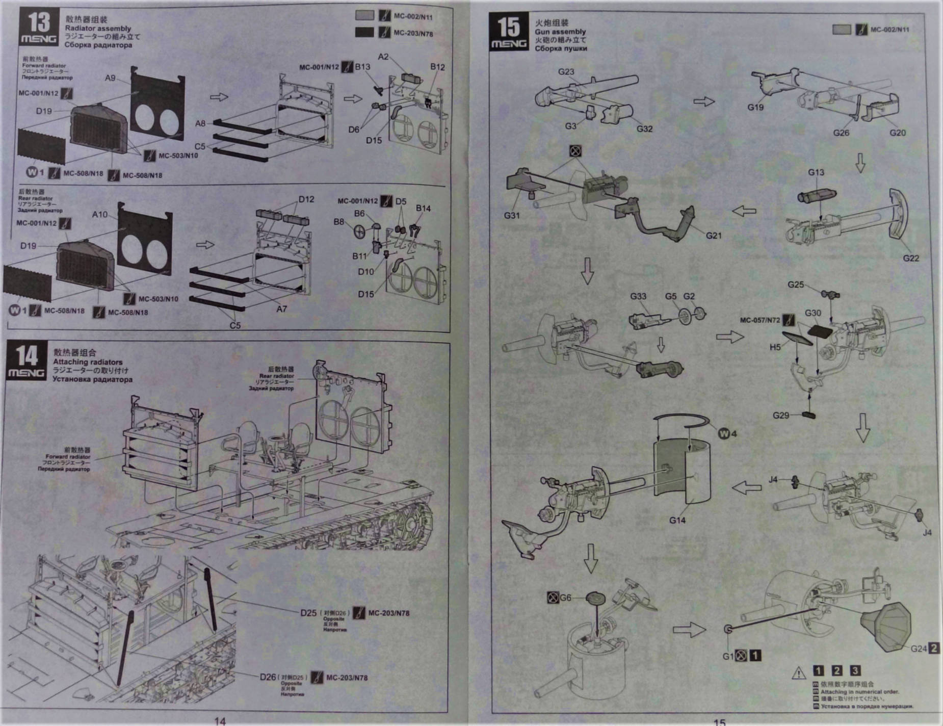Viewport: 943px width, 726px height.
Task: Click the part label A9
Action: click(x=110, y=78)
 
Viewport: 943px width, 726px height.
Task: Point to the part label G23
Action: click(x=566, y=71)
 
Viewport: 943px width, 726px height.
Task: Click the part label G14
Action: click(x=677, y=520)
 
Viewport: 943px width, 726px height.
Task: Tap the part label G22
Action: click(x=911, y=258)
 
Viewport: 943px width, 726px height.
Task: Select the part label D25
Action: click(x=308, y=612)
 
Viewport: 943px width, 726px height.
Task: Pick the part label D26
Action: click(x=268, y=677)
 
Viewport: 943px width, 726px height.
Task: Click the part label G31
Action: click(x=512, y=215)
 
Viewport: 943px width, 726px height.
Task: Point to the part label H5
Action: click(x=775, y=347)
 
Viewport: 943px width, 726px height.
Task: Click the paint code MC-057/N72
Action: click(x=760, y=320)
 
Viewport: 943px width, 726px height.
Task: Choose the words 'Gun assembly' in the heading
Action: click(x=560, y=32)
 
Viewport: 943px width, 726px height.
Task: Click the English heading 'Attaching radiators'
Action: click(x=88, y=362)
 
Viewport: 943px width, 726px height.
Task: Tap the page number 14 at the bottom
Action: click(x=220, y=720)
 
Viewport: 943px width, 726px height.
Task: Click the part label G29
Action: click(x=780, y=415)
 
